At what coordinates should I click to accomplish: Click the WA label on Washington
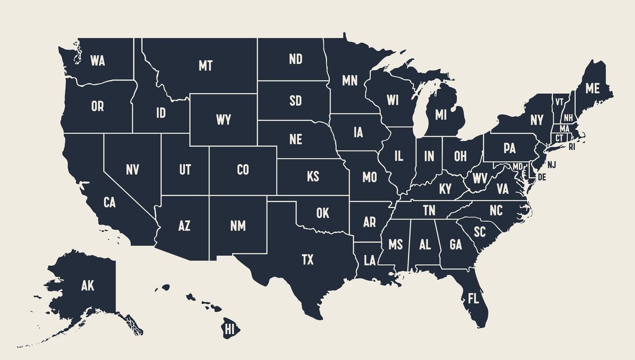click(97, 60)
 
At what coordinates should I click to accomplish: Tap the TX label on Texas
click(307, 259)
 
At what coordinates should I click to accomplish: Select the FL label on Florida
click(473, 299)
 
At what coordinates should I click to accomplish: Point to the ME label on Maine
click(593, 88)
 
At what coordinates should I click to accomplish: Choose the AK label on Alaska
click(87, 286)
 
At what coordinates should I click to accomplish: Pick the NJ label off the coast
click(552, 165)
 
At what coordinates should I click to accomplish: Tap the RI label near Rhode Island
click(571, 147)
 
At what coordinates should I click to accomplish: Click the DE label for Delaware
click(541, 176)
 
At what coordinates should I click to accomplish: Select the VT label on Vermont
click(559, 101)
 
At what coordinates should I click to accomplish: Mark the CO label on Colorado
click(242, 169)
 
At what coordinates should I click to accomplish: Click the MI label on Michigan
click(441, 114)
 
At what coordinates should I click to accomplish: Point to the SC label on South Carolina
click(479, 231)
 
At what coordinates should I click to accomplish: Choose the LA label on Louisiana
click(369, 260)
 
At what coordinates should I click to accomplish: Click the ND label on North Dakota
click(295, 59)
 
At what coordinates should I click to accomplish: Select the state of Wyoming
click(223, 120)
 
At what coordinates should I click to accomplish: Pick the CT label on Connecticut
click(559, 138)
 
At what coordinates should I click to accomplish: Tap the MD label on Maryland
click(518, 167)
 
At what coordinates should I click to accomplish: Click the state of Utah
click(185, 169)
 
